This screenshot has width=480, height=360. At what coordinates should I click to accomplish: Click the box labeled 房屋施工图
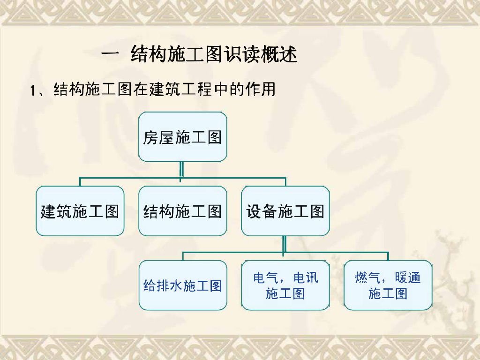tap(182, 137)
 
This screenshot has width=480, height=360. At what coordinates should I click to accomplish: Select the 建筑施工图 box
tap(80, 211)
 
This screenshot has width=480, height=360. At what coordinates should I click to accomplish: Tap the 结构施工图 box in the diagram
tap(182, 211)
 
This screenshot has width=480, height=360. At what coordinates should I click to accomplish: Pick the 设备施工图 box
tap(285, 211)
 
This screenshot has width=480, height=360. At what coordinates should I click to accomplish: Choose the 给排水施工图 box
tap(182, 285)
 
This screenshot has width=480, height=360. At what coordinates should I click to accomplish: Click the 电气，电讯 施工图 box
tap(285, 285)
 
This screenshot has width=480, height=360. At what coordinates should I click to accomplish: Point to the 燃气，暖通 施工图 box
tap(388, 285)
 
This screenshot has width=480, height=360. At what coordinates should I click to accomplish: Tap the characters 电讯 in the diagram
tap(306, 277)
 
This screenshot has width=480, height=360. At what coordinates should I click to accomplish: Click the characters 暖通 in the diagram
tap(408, 277)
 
